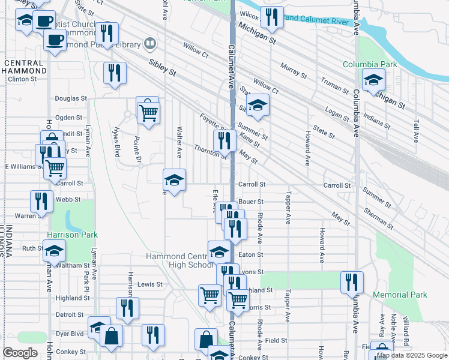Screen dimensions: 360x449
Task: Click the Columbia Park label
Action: (x=370, y=64)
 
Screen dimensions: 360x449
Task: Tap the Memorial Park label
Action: (x=400, y=295)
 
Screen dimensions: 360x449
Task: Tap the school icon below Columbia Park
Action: (x=373, y=80)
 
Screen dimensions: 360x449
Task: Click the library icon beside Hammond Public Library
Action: (x=149, y=44)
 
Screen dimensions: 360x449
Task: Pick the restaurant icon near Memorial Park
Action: (x=352, y=281)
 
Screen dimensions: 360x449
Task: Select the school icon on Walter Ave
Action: (x=175, y=179)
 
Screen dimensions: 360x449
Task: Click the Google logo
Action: (x=19, y=352)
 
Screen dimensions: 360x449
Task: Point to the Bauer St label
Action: (x=251, y=202)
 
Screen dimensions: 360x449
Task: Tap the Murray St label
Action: (x=293, y=71)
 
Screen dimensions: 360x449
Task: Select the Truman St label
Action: (x=334, y=88)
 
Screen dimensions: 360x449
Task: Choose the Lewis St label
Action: (x=149, y=284)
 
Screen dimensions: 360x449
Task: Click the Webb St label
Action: (x=68, y=199)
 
